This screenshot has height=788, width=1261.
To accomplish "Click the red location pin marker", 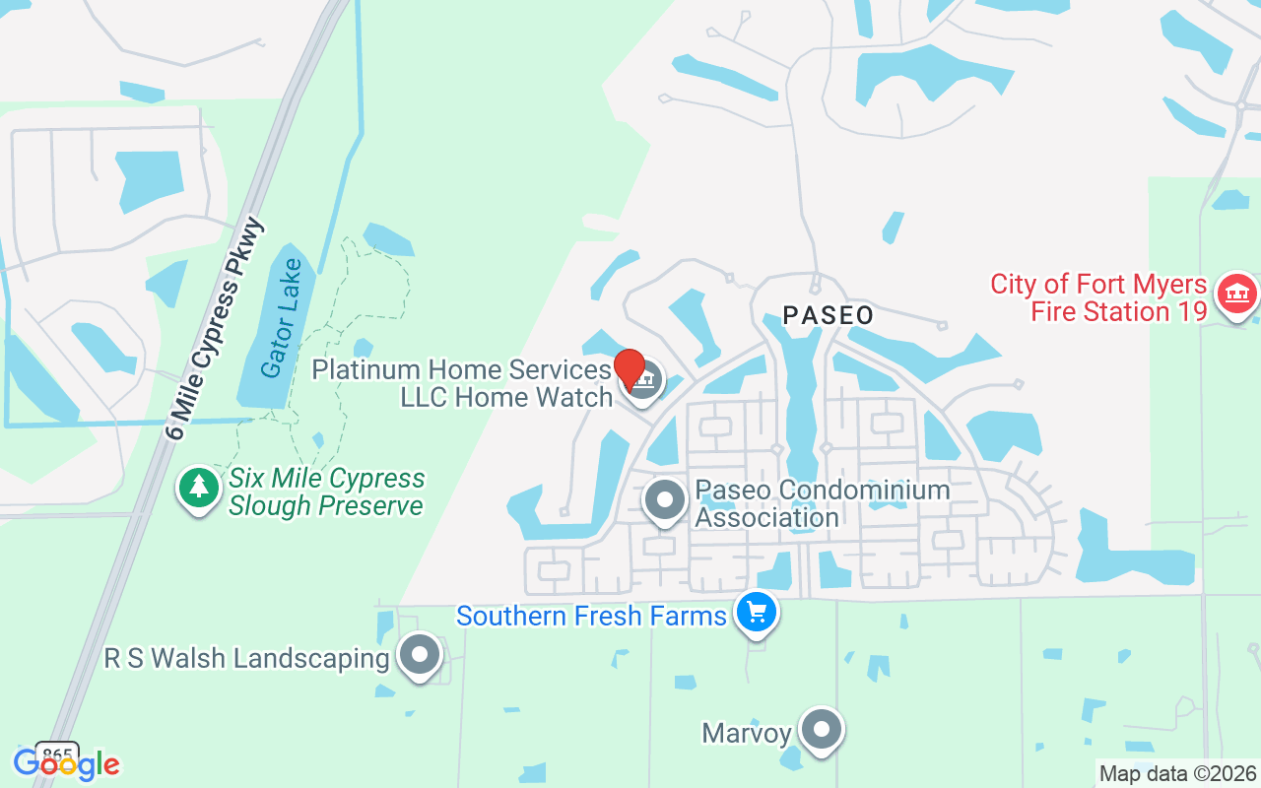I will (x=630, y=369).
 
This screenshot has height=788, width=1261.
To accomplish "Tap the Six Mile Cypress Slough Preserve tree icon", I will (x=199, y=487).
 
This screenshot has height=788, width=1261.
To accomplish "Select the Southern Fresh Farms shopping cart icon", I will (x=757, y=613).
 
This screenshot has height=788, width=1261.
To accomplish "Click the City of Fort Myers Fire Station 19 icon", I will (x=1236, y=293).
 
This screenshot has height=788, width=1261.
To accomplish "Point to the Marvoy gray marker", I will (x=821, y=730).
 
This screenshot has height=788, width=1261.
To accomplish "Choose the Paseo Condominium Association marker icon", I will (x=665, y=499).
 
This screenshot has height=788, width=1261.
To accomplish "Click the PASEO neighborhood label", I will (x=828, y=315).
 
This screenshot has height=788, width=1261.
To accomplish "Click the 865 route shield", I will (x=57, y=754).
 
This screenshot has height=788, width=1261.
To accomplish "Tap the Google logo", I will (x=66, y=763).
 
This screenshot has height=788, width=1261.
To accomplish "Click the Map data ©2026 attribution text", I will (x=1177, y=773).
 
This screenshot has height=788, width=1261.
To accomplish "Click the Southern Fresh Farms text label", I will (x=591, y=617).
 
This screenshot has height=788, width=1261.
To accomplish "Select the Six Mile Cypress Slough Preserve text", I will (x=326, y=492).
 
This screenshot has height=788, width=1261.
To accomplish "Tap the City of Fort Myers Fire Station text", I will (x=1098, y=298).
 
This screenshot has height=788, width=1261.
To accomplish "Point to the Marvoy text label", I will (x=747, y=733).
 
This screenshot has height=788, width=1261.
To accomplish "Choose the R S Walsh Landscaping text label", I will (x=246, y=658).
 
